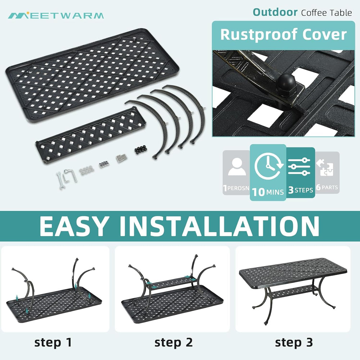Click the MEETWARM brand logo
pos(56,15)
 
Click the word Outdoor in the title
pos(275,12)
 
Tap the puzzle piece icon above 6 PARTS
pos(325,168)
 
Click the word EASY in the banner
pos(74,226)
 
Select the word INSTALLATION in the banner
pos(219,226)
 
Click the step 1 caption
pos(53,343)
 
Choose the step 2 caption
pos(174,343)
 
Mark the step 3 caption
pos(294,343)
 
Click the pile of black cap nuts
pos(140,149)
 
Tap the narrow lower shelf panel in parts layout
pos(91,135)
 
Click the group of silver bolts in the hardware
pos(121,158)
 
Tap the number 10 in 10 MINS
pos(258,192)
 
